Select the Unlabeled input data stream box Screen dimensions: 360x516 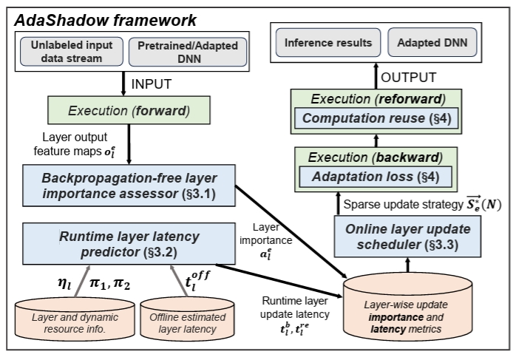coord(72,50)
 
